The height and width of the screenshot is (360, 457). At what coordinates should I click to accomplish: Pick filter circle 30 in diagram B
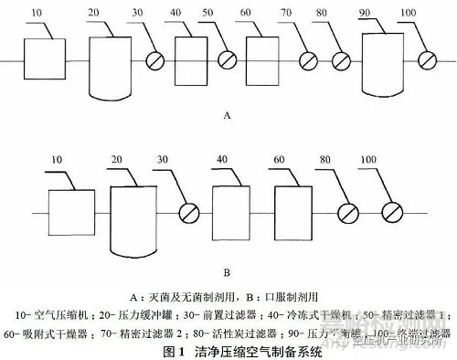click(187, 214)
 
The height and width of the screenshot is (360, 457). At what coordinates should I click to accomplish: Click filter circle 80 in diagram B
click(350, 214)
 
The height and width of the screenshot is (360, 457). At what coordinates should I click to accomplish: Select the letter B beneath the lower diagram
click(225, 271)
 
